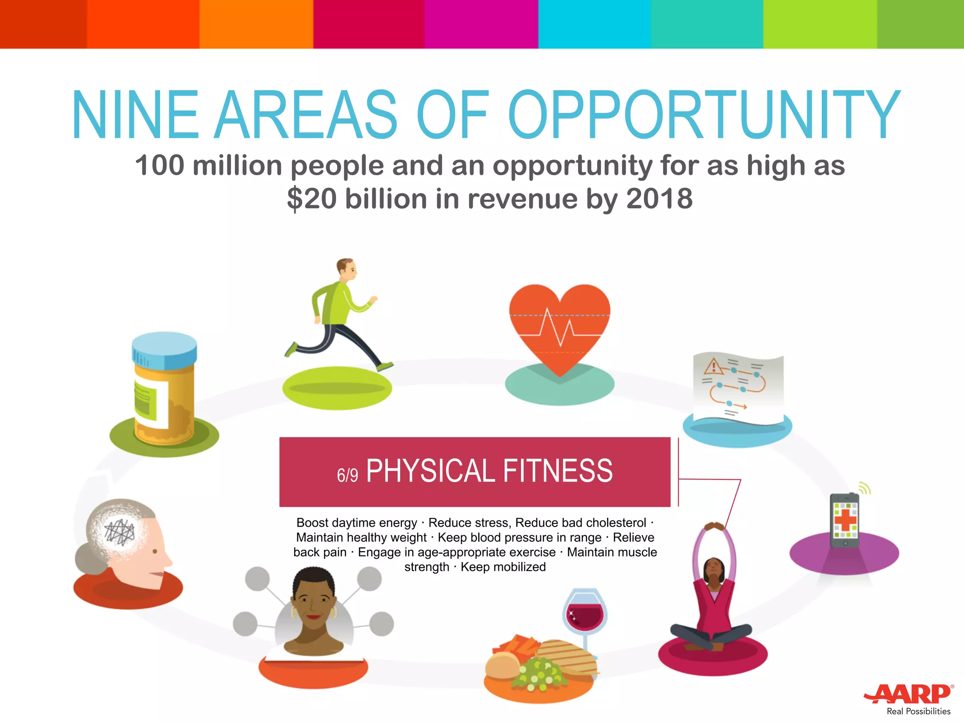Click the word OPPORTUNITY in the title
point(704,115)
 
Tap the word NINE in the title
point(135,115)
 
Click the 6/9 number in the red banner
point(347,475)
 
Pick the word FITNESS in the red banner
point(557,471)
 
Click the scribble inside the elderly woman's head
point(120,532)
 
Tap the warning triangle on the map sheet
point(714,366)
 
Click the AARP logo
point(908,693)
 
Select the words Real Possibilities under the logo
point(918,711)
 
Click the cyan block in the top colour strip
point(594,24)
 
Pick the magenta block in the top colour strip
point(481,24)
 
